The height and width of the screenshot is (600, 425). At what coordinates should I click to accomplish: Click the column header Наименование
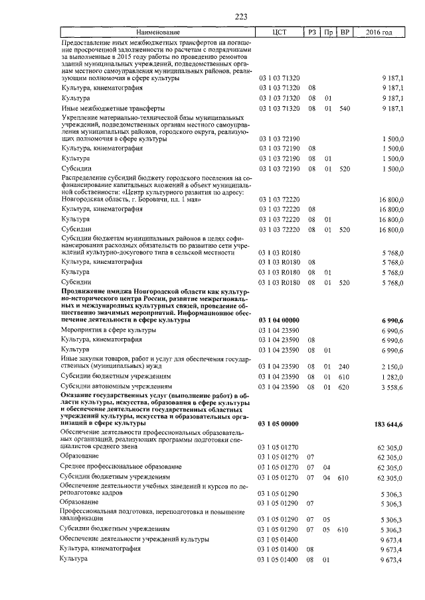click(158, 32)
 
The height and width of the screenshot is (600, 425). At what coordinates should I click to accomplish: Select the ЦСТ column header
click(279, 32)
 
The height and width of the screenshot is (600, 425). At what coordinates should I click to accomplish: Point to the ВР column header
click(344, 32)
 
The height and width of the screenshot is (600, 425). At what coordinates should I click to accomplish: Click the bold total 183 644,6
click(388, 424)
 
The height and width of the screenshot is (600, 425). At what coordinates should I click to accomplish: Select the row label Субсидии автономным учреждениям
click(107, 386)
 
